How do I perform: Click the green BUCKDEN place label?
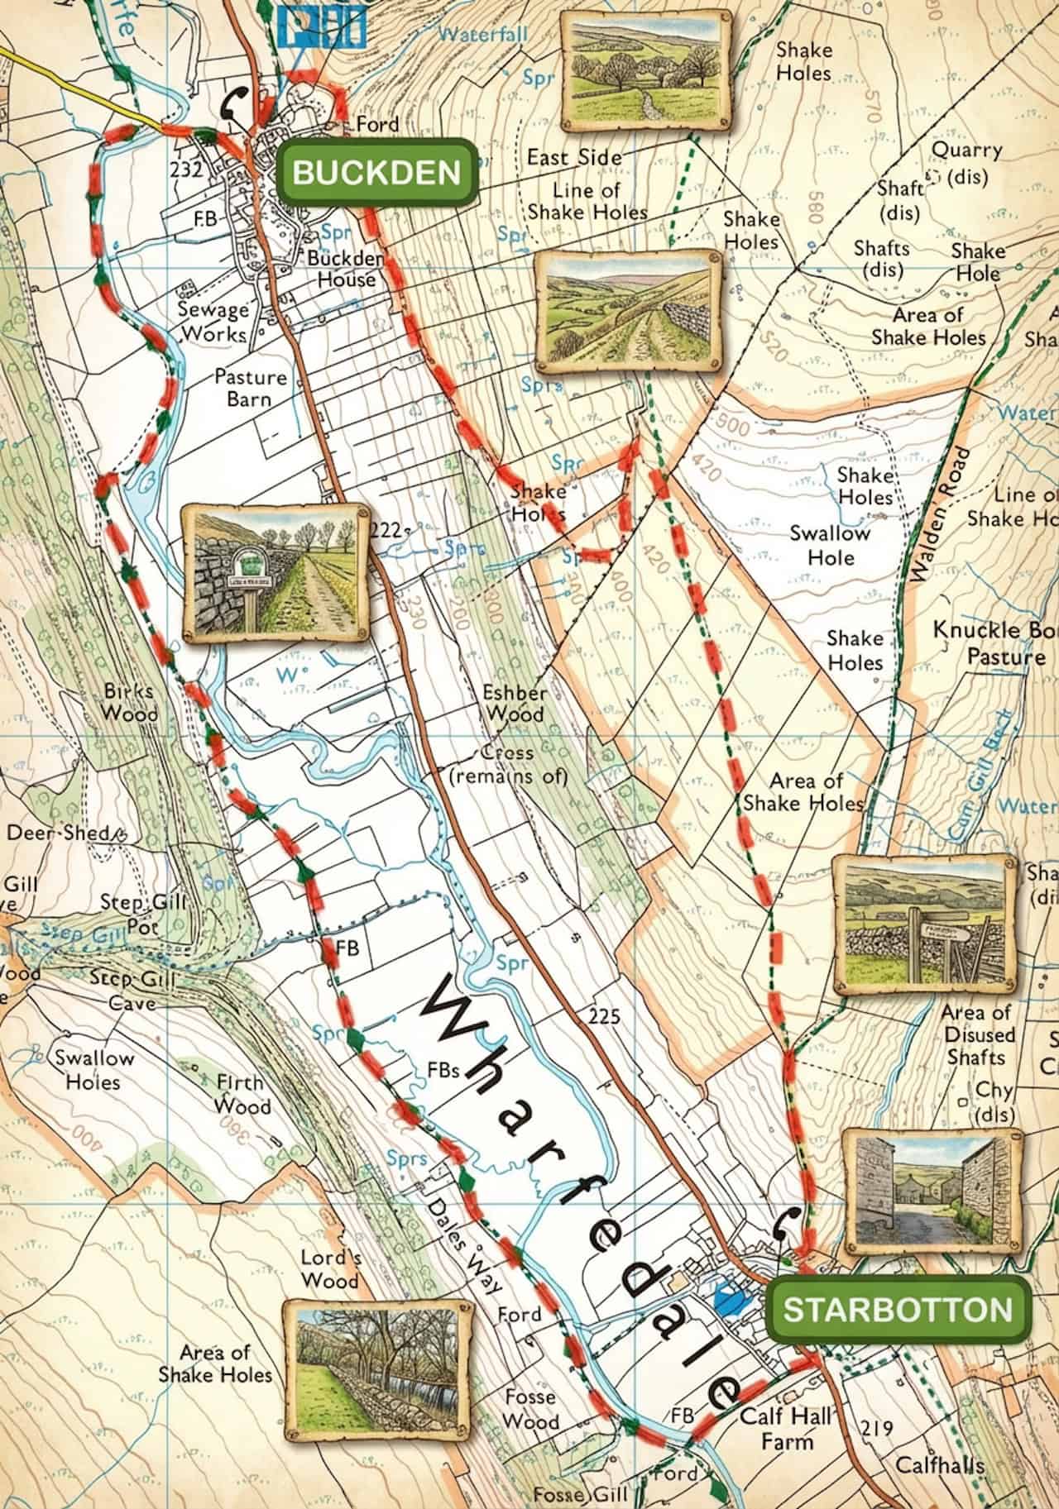click(376, 172)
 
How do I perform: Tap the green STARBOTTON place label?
click(898, 1308)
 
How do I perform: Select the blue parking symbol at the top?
click(322, 25)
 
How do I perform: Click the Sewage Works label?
click(213, 322)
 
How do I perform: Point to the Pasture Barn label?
click(250, 387)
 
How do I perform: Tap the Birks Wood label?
click(131, 701)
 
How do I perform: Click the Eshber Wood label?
click(515, 703)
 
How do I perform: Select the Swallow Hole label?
click(830, 544)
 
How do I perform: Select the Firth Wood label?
click(242, 1093)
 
